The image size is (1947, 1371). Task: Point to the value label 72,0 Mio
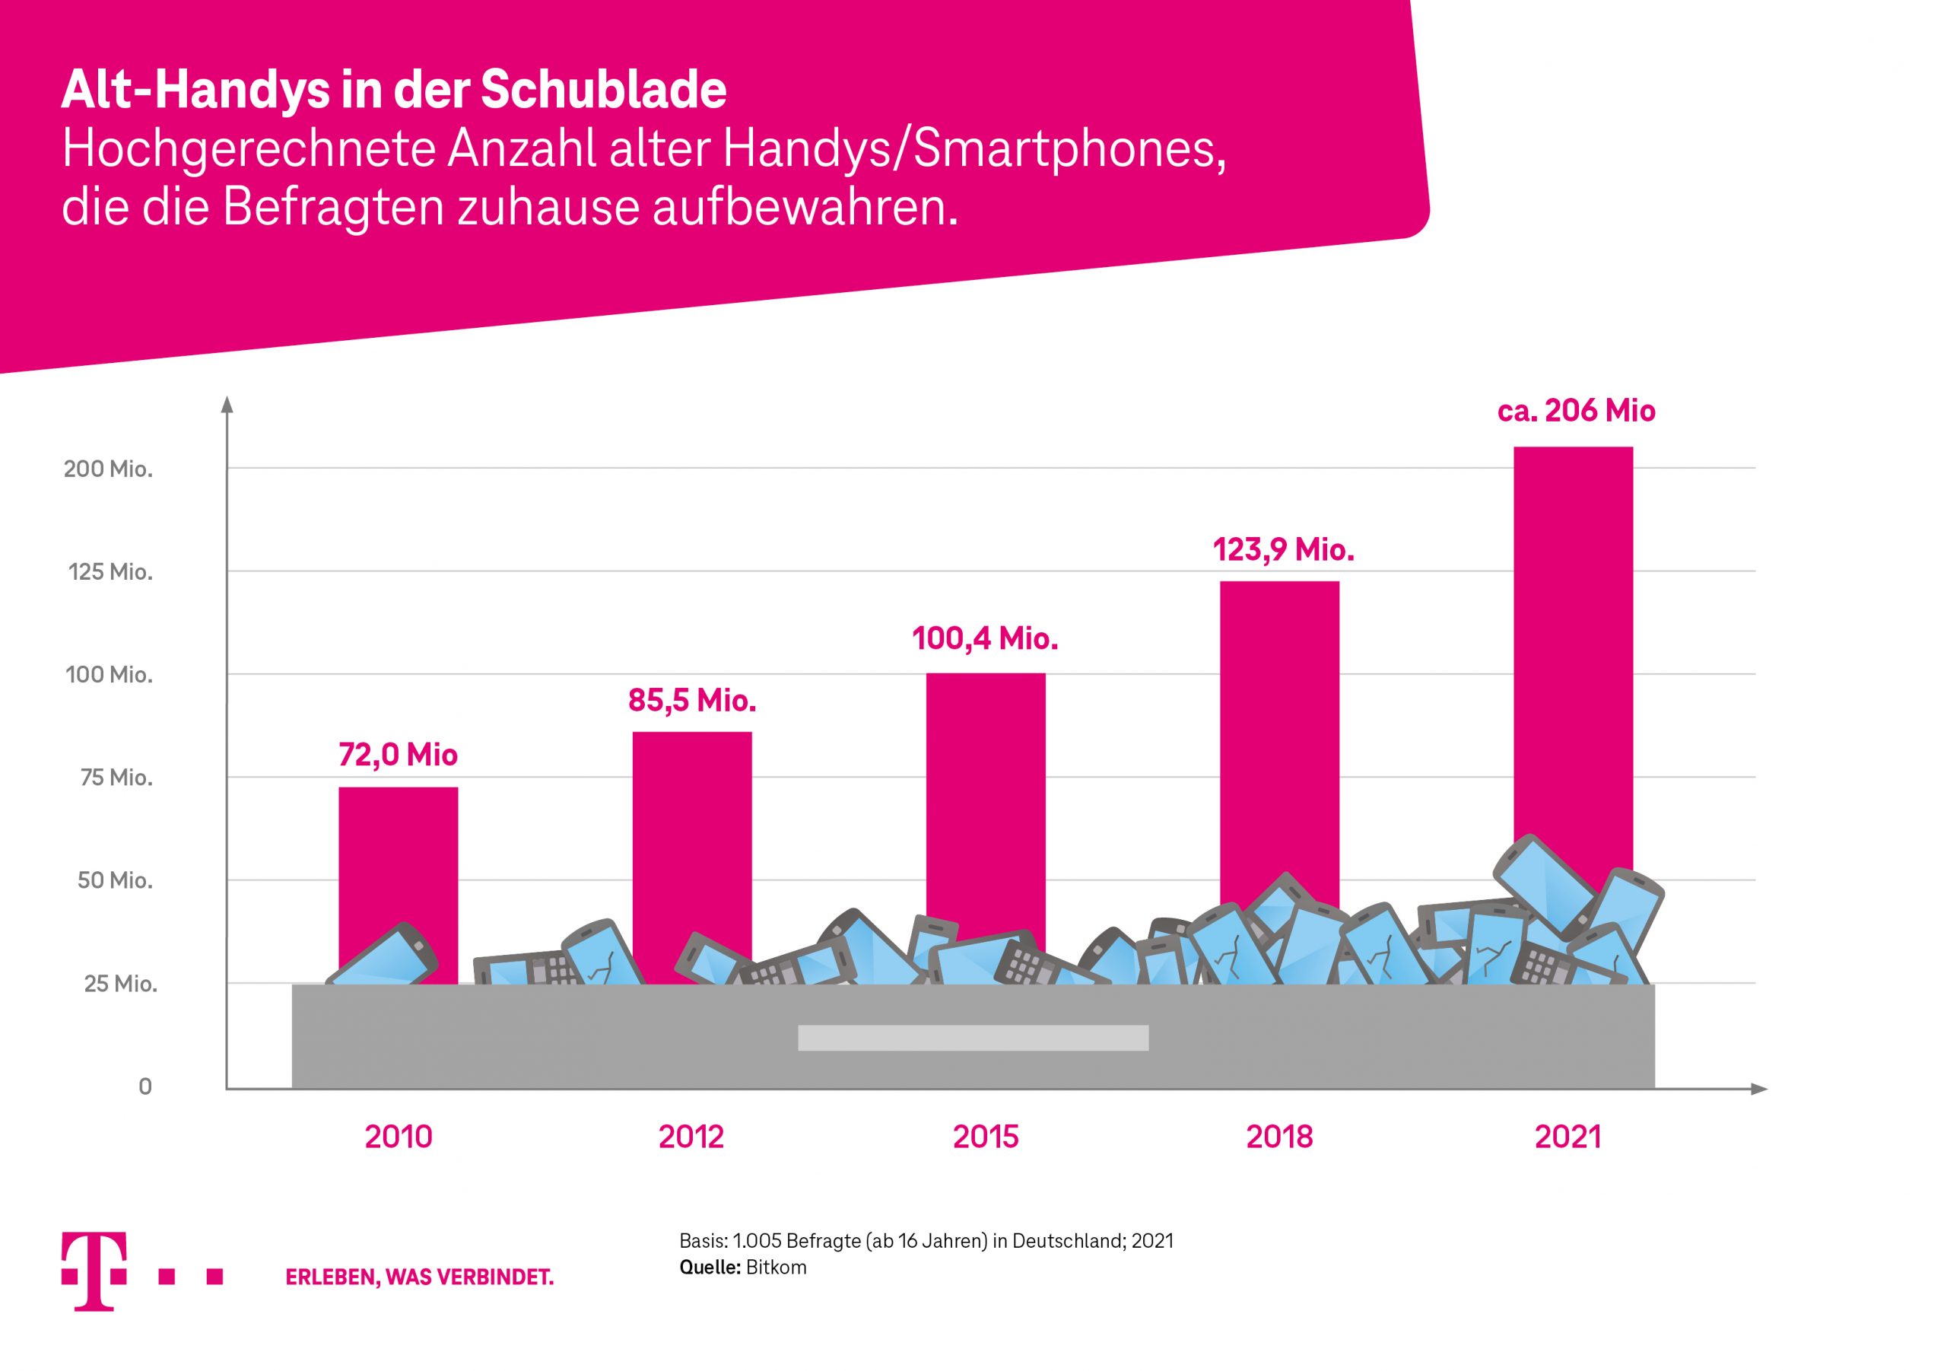tap(398, 754)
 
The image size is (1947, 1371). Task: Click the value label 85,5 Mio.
tap(692, 700)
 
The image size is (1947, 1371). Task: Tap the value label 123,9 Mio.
tap(1283, 550)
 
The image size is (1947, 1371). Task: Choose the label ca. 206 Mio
tap(1576, 411)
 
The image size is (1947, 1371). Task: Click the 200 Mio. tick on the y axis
tap(109, 469)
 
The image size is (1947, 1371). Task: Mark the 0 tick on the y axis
tap(145, 1086)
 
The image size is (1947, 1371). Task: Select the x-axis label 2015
tap(986, 1137)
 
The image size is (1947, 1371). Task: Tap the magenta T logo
tap(94, 1271)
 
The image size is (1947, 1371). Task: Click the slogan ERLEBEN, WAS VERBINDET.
tap(419, 1277)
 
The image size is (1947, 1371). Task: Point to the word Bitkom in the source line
tap(776, 1267)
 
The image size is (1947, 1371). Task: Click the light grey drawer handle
tap(973, 1038)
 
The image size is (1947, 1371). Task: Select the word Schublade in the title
tap(604, 89)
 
